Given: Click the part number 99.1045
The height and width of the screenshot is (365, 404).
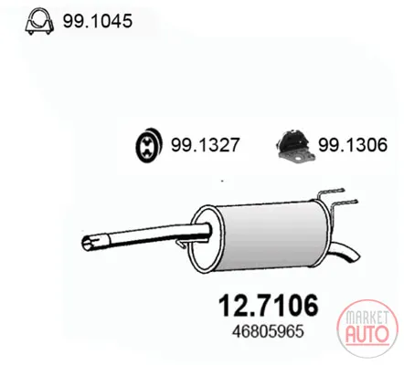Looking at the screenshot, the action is pos(98,21).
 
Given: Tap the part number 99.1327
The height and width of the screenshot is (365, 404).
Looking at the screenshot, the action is pos(205,145).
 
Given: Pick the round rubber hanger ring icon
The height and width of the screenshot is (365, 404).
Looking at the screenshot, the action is pos(148,145).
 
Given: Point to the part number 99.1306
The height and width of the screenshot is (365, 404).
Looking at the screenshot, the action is pos(353,145).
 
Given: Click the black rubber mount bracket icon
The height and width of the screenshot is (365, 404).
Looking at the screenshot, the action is pos(295,147).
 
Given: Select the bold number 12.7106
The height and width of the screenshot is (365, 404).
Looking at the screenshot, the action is pos(269,306).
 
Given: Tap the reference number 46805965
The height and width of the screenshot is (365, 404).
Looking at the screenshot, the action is pos(268,331).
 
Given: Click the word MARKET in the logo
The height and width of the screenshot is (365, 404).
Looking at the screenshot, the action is pos(367,318).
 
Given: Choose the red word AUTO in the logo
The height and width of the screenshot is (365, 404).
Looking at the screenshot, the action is pos(367,334).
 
